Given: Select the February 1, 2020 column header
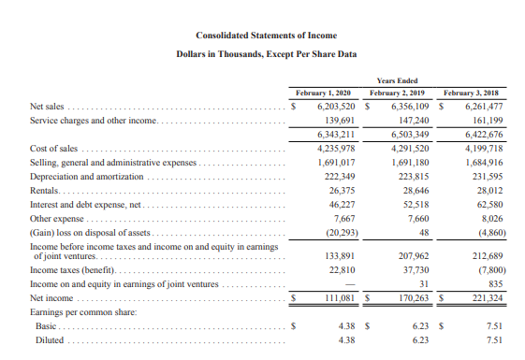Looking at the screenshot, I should click(322, 94).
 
